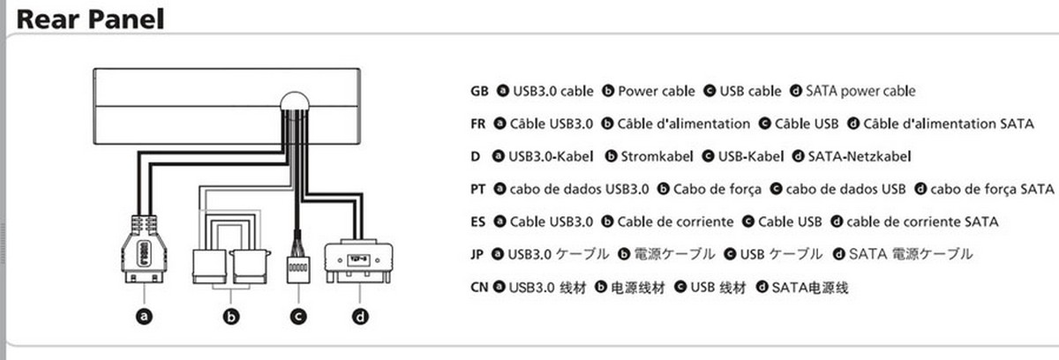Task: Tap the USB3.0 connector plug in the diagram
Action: (x=141, y=251)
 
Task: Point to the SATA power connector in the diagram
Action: (x=359, y=263)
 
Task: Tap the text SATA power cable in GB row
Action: (x=860, y=91)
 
